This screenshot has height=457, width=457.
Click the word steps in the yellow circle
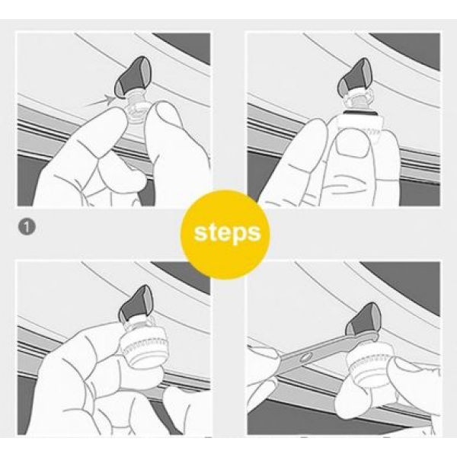(x=227, y=232)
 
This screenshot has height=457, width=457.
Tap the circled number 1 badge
(x=27, y=227)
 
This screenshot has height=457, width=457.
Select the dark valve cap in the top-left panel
(x=134, y=77)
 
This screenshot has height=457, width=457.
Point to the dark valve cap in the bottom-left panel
(x=136, y=304)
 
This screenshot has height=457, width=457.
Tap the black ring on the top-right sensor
(x=360, y=113)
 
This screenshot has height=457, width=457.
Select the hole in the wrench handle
(x=307, y=357)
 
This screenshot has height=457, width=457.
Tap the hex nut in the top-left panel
(x=139, y=107)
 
